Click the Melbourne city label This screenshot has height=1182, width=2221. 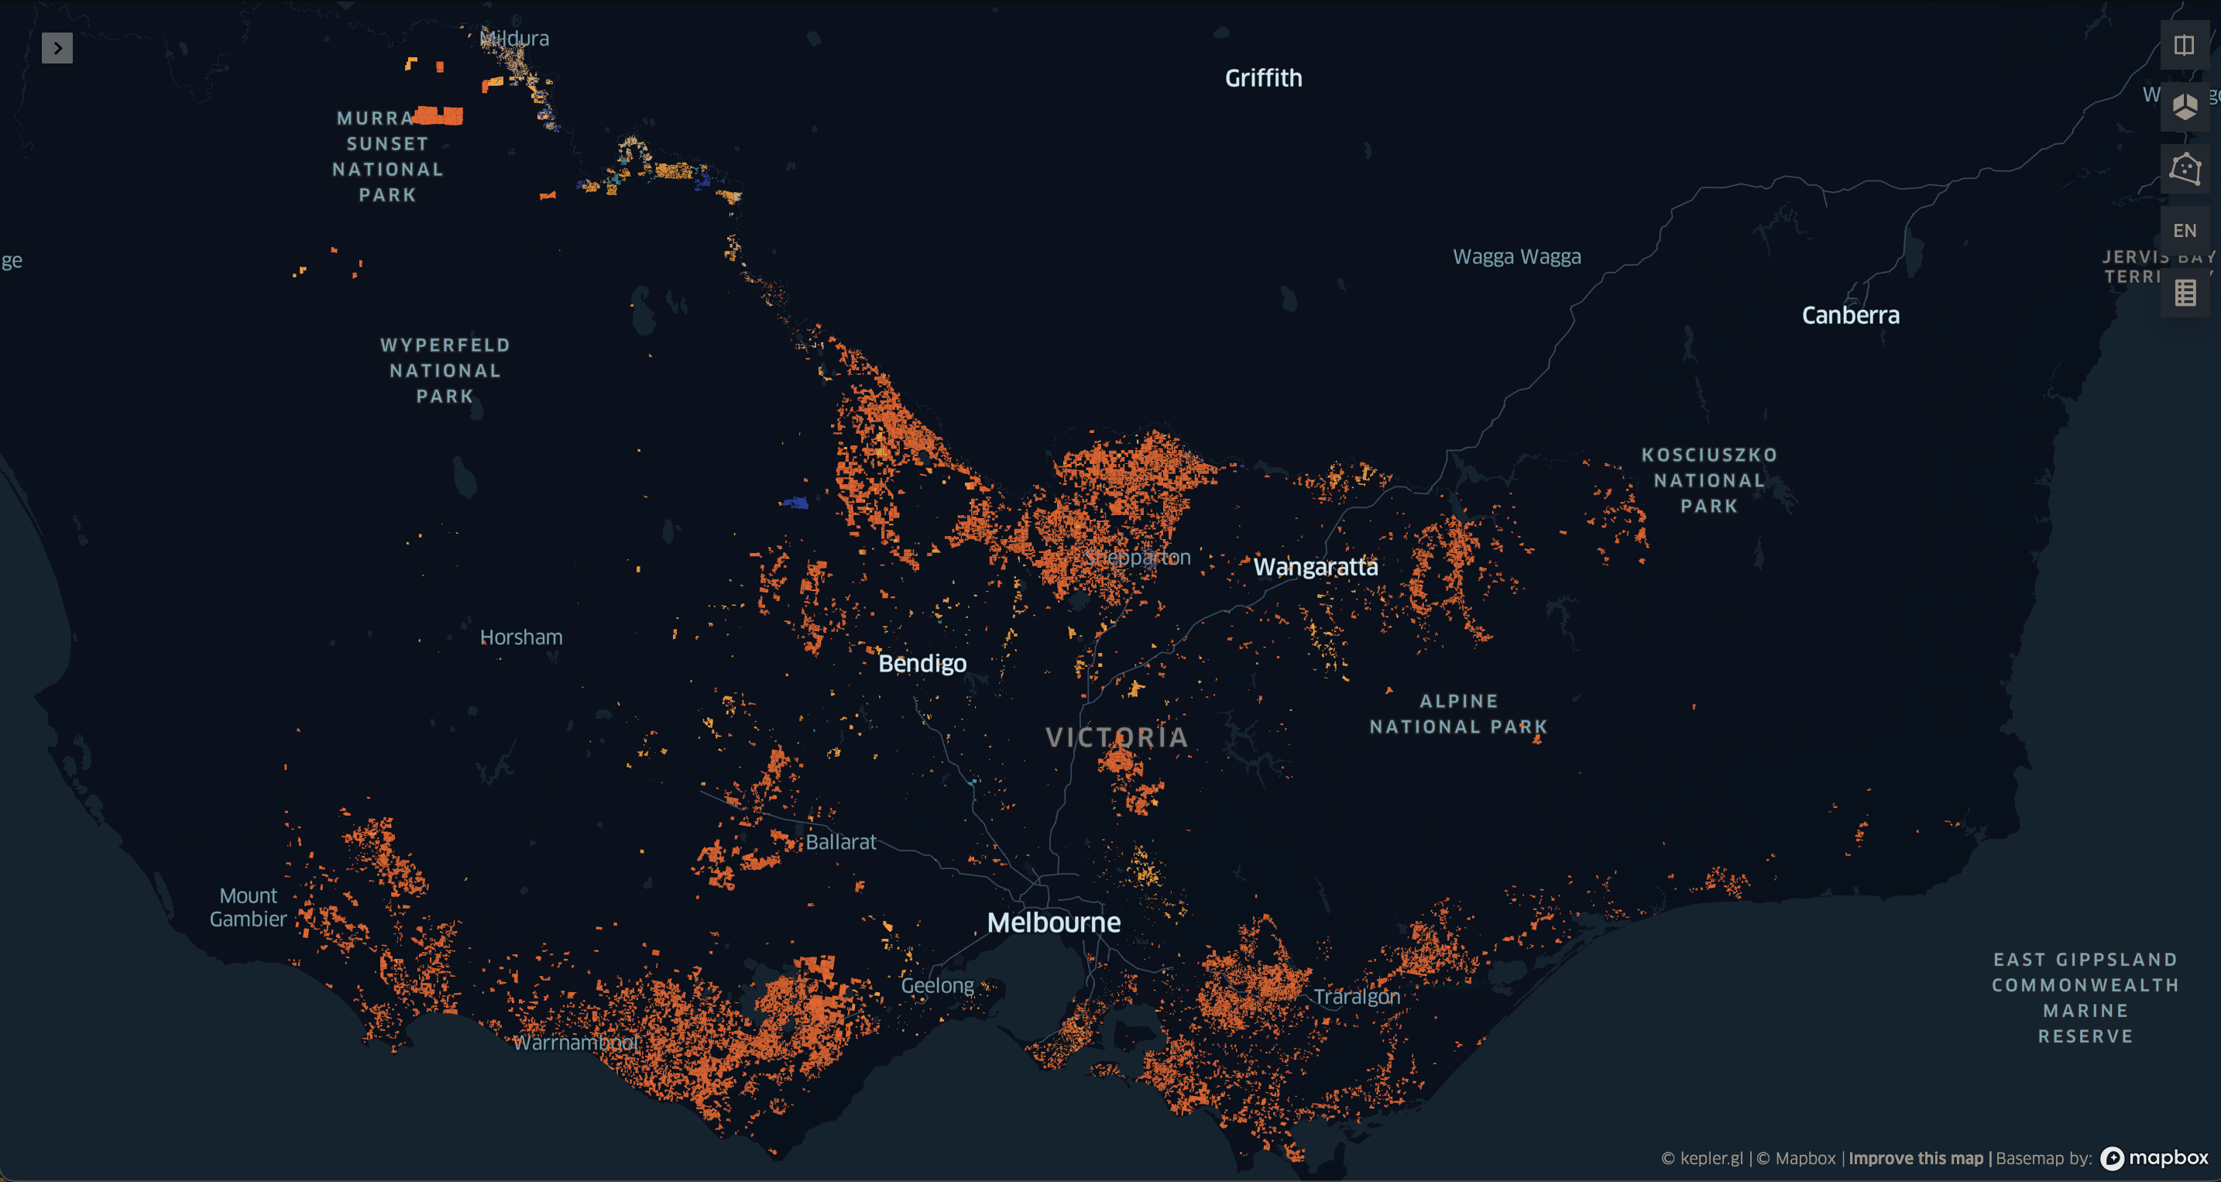(x=1054, y=923)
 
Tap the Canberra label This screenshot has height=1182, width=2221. (x=1850, y=315)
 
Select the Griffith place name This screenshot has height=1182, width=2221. (x=1263, y=78)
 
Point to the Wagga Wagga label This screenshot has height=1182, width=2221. (x=1516, y=257)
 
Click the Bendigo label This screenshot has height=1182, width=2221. (x=922, y=663)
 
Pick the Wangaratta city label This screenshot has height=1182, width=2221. (x=1315, y=566)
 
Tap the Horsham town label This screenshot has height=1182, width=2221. (x=520, y=637)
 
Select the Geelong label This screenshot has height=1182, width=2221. (x=937, y=985)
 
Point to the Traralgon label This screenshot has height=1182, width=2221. (x=1356, y=997)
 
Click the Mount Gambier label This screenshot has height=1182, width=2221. (x=249, y=907)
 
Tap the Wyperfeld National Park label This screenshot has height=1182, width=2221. (x=445, y=371)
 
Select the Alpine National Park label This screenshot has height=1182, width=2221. (x=1458, y=714)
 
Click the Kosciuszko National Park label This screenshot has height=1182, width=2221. (x=1709, y=480)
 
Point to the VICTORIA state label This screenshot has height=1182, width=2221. (x=1117, y=737)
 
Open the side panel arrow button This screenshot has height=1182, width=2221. (x=57, y=48)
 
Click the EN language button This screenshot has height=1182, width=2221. (x=2184, y=231)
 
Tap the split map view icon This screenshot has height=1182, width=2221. (x=2184, y=45)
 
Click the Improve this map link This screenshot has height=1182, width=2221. (x=1915, y=1158)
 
